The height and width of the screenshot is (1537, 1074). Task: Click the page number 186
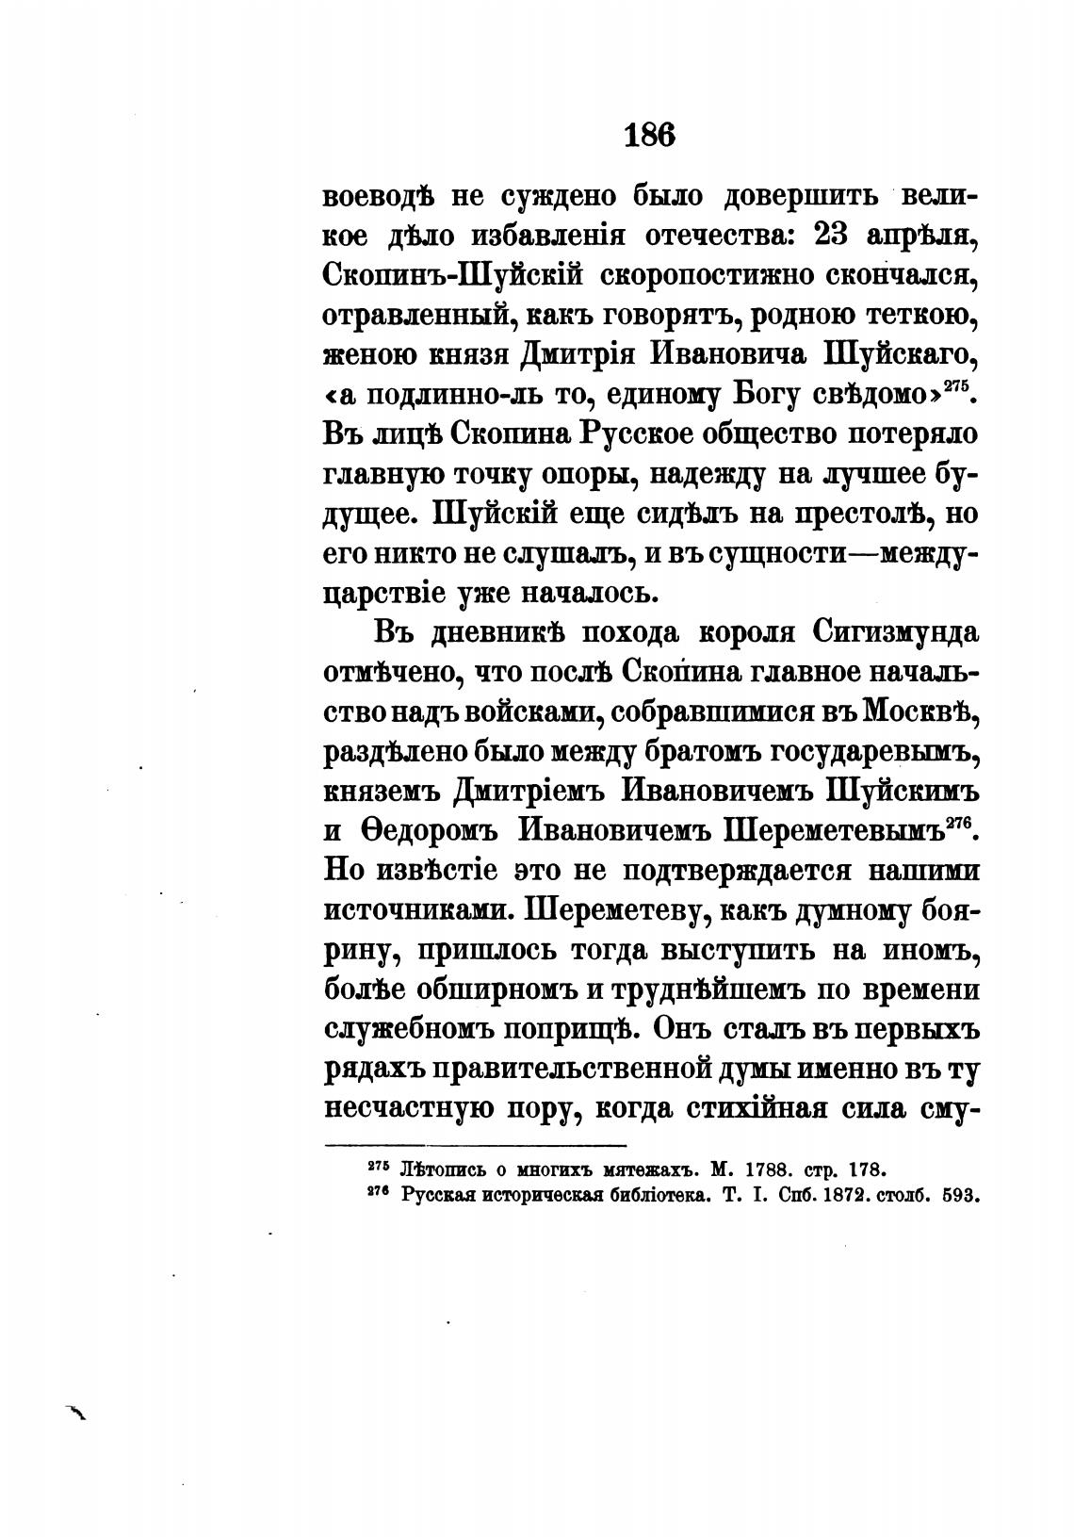649,136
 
